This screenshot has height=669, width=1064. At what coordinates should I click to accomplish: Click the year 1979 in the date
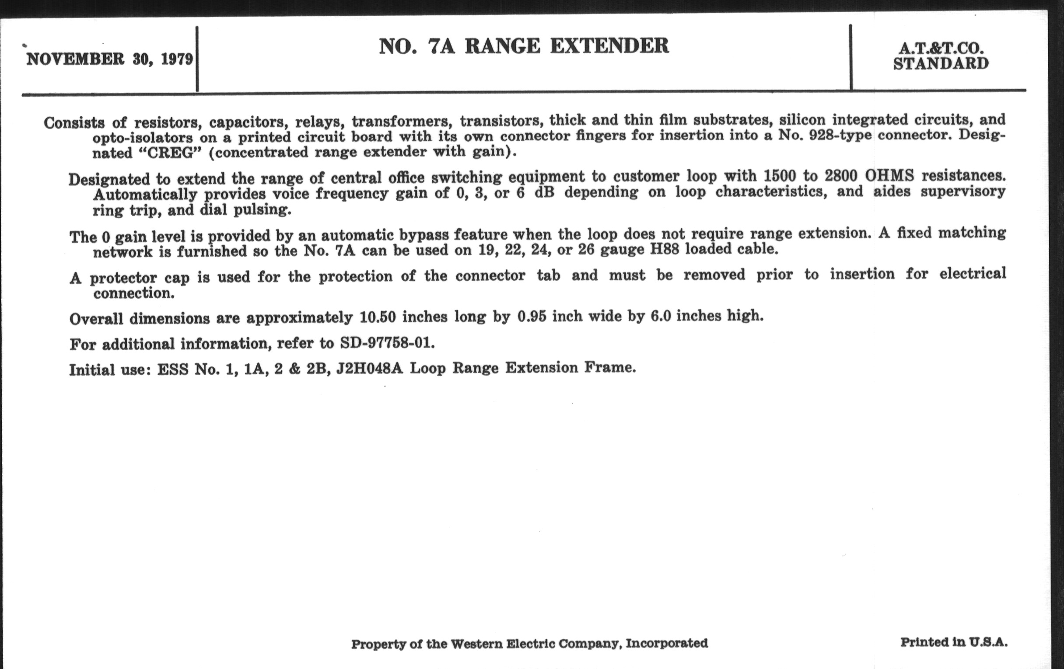click(177, 59)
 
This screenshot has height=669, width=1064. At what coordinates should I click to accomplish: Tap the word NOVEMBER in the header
click(75, 59)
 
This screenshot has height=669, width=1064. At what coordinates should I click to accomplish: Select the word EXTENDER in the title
click(609, 46)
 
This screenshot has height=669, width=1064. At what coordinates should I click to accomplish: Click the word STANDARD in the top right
click(941, 64)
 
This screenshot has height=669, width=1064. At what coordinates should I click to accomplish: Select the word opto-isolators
click(143, 138)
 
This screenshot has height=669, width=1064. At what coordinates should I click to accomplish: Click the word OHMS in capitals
click(889, 176)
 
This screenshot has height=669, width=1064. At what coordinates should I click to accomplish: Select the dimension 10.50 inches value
click(378, 317)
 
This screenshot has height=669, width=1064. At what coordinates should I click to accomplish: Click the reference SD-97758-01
click(387, 343)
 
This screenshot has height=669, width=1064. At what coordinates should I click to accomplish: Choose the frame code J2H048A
click(369, 368)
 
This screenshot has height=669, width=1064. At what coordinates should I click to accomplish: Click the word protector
click(123, 278)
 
